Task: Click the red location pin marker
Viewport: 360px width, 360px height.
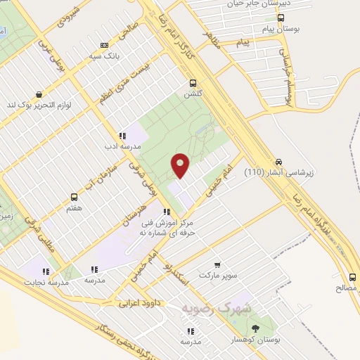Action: click(180, 166)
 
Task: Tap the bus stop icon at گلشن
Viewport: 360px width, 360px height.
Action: click(193, 82)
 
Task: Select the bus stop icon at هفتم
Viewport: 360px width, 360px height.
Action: click(74, 198)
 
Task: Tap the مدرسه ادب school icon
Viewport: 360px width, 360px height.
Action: click(122, 136)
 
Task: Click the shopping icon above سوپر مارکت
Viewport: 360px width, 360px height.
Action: click(217, 265)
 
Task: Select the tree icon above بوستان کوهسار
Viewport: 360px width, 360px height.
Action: click(255, 328)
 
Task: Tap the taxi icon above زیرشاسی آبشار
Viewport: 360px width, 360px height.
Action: click(280, 161)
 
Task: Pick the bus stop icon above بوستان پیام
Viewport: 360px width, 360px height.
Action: click(281, 18)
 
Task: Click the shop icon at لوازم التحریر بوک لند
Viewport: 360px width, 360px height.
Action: click(38, 94)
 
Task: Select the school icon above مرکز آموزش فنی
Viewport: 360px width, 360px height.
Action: click(167, 212)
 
